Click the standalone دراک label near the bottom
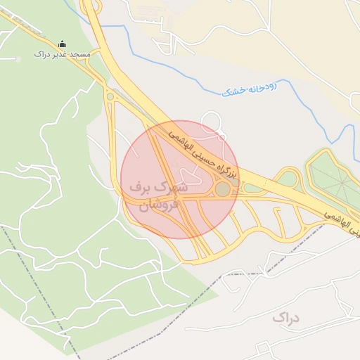pos(285,318)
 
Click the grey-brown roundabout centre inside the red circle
pos(222,189)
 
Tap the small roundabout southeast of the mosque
pos(110,96)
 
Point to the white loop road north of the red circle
pos(212,129)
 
